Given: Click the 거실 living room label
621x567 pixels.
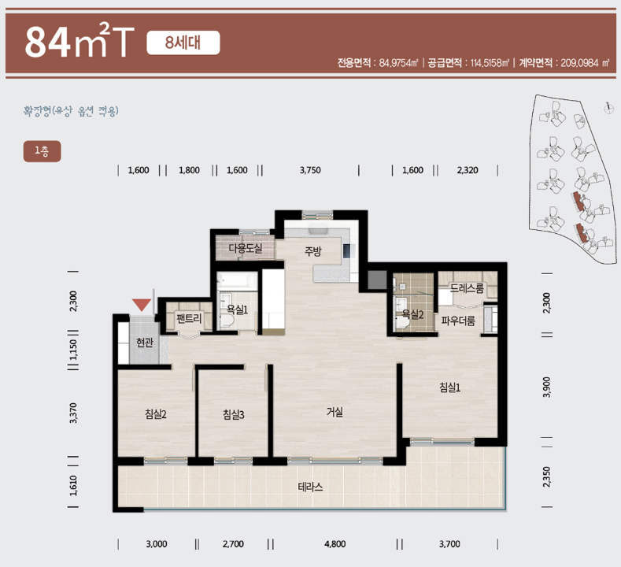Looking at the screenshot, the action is point(335,412).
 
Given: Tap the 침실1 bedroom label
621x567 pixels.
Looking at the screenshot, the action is point(450,387).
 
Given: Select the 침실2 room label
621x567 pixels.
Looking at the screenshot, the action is point(156,414).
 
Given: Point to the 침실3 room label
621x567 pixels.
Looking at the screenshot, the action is point(233,415).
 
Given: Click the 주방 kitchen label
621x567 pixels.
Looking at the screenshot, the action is point(313,251).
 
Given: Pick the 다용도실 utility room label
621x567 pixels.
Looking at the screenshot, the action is point(246,248).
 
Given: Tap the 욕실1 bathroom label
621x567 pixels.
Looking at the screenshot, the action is point(237,309).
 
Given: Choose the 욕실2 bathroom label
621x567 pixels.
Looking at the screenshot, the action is point(412,314).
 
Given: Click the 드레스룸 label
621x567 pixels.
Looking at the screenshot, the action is point(467,288).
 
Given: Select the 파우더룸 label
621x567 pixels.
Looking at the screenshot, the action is point(458,321).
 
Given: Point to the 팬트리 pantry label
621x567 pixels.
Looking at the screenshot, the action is point(190,318).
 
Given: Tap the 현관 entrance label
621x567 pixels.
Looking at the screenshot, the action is point(145,343).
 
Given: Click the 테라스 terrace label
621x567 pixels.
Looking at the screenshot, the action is point(310,487).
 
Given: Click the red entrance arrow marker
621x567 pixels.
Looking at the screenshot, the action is point(142,304).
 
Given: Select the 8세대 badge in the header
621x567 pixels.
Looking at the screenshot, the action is point(183,43).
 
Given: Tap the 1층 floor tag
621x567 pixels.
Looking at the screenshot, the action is point(42,151).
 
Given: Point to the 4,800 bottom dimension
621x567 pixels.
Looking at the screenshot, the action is point(335,544).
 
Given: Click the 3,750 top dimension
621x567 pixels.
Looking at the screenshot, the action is point(310,170).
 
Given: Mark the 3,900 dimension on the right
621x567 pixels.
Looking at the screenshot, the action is point(546,387).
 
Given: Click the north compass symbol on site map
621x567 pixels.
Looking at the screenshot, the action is point(608,108).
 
